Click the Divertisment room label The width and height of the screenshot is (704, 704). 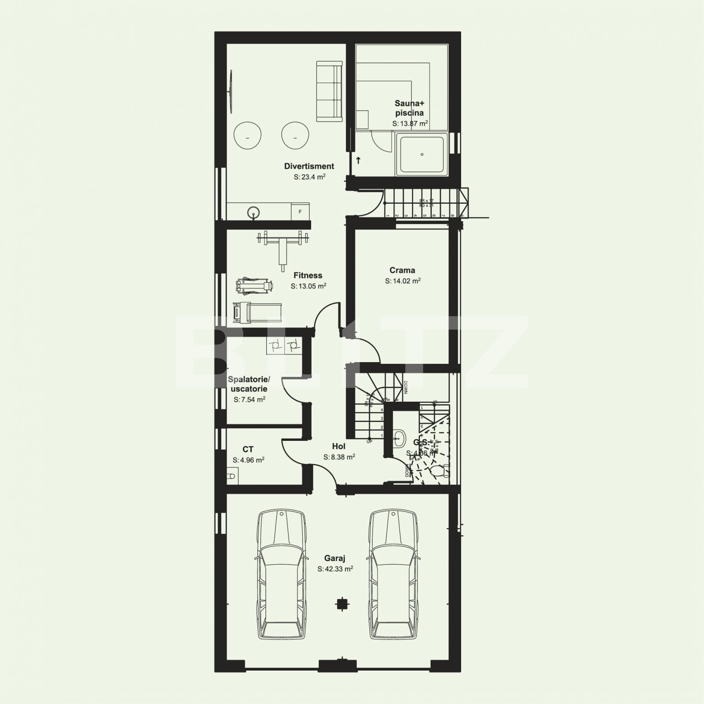[x=309, y=166]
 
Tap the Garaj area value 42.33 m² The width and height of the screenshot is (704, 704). [x=335, y=569]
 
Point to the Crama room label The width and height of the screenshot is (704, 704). [x=402, y=270]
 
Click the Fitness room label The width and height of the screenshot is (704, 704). [x=308, y=275]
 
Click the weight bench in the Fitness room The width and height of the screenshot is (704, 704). [x=282, y=246]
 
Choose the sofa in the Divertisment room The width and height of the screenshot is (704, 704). [x=329, y=92]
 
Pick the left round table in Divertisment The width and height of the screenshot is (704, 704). [x=247, y=136]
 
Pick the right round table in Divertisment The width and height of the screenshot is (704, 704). [x=295, y=136]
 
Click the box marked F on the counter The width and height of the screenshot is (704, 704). [x=301, y=212]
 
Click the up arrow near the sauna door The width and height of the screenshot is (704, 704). [x=358, y=161]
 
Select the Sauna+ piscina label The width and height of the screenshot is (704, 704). [x=409, y=108]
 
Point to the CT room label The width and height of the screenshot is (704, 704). [x=248, y=449]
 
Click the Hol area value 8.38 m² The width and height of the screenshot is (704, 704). [x=339, y=457]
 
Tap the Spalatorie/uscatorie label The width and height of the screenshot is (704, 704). [x=249, y=384]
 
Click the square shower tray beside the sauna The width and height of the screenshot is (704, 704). [x=422, y=154]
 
